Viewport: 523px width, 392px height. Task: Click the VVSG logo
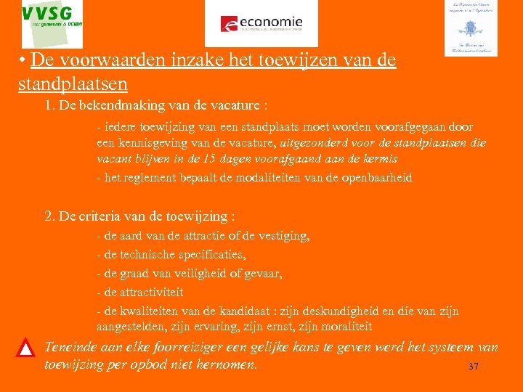(52, 24)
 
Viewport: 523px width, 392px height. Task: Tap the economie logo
(261, 23)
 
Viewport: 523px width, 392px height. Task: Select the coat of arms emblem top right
(470, 28)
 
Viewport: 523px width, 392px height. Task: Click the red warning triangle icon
(26, 348)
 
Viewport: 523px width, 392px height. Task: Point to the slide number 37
(474, 367)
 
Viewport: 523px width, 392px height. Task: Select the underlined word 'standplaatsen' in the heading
(73, 83)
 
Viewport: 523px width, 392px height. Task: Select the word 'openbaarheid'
(377, 178)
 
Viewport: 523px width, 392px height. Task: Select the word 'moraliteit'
(344, 327)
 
